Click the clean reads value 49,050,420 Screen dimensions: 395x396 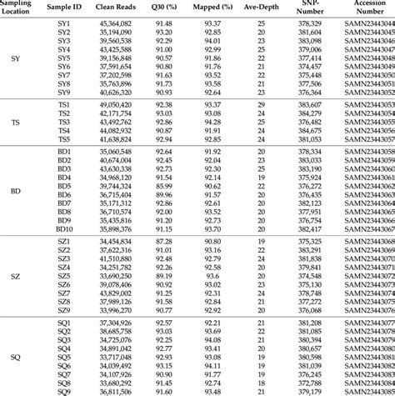(116, 104)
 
